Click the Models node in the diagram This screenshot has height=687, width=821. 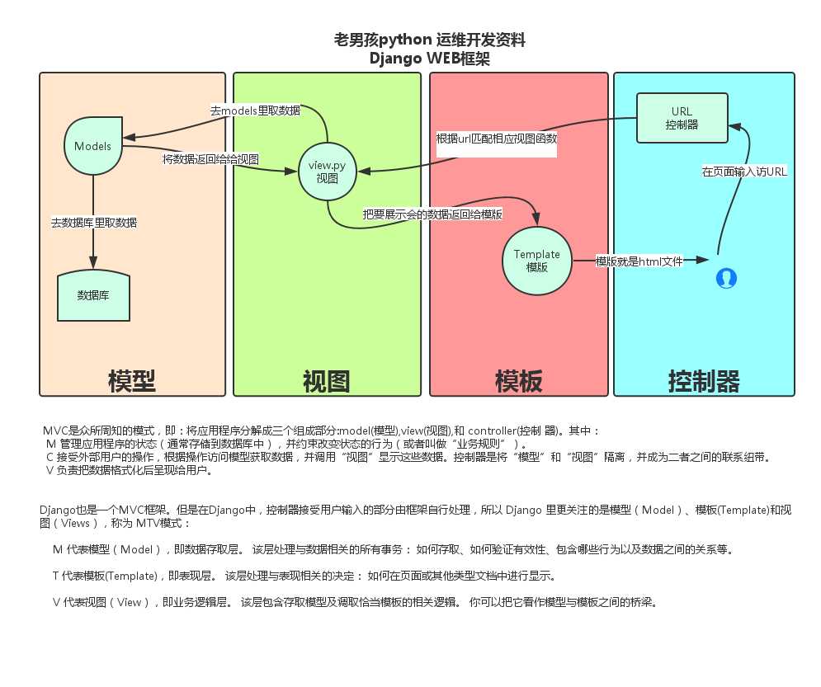click(93, 145)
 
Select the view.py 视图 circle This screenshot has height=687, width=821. click(328, 171)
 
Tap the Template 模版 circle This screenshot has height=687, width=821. click(536, 261)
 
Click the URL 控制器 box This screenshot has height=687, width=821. click(682, 118)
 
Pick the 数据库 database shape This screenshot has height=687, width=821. click(93, 294)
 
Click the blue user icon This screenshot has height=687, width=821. click(726, 279)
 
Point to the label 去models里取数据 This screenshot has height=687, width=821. click(255, 110)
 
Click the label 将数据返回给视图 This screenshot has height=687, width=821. click(210, 159)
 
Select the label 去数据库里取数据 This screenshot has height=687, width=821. click(93, 222)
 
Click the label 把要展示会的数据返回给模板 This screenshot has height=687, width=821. click(433, 213)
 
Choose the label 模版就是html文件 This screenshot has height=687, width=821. click(639, 261)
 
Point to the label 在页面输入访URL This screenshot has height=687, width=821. click(743, 172)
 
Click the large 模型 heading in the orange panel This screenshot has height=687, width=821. click(132, 381)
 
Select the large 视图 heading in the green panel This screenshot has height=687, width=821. click(326, 381)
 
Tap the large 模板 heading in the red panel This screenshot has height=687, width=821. click(519, 381)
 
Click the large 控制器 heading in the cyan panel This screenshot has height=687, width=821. click(704, 381)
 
